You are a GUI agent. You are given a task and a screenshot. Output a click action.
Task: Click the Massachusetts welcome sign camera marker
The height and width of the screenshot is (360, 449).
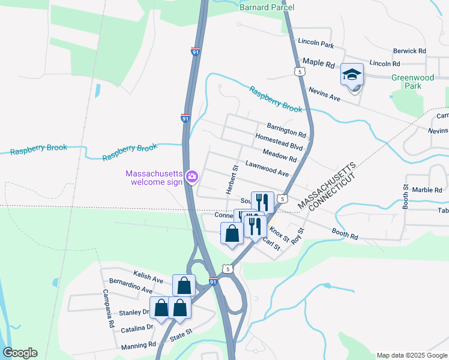click(x=192, y=176)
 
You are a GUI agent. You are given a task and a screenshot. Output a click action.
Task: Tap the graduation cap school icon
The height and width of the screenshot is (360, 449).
click(x=352, y=75)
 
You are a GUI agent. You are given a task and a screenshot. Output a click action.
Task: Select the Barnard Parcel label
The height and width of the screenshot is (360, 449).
click(x=267, y=7)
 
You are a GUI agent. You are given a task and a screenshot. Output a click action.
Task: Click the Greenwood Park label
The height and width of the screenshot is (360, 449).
click(x=414, y=82)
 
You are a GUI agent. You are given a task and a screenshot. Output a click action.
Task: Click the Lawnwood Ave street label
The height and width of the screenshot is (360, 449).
click(x=267, y=169)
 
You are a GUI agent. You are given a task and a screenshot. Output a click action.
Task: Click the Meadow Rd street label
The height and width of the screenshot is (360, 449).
click(x=280, y=155)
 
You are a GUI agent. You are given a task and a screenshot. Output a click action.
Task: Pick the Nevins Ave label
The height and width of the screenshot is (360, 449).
click(x=324, y=94)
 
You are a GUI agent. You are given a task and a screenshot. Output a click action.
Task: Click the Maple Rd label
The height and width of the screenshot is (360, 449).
click(x=318, y=62)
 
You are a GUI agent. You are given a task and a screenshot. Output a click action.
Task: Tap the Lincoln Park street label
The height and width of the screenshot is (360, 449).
click(x=315, y=44)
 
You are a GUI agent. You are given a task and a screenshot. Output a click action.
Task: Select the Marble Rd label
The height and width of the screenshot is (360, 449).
click(x=427, y=190)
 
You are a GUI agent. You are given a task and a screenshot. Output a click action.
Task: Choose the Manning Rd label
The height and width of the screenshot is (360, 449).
click(x=139, y=345)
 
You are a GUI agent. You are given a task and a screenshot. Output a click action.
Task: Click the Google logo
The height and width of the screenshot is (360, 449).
click(x=20, y=353)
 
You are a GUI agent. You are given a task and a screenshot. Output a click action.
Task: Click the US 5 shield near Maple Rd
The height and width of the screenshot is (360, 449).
click(x=299, y=71)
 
